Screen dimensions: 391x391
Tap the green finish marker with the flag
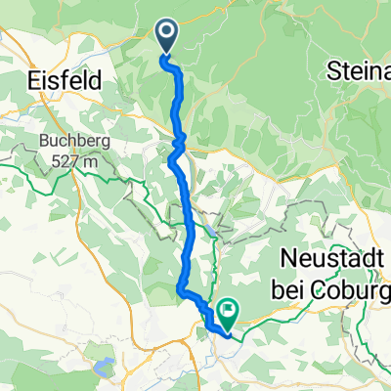(228, 312)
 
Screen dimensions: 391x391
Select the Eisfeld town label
(65, 83)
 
